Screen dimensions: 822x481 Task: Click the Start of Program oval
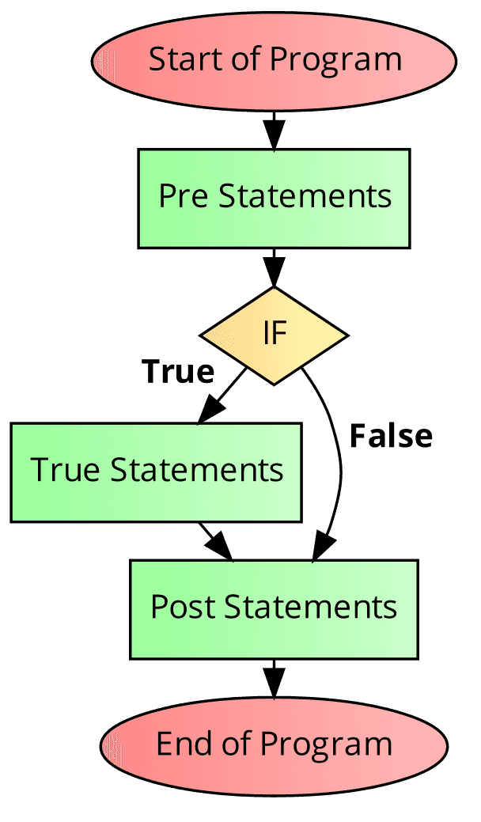pos(274,60)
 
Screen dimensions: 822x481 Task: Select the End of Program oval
pos(274,744)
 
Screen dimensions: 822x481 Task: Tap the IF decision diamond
pos(274,335)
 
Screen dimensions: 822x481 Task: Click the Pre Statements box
pos(274,198)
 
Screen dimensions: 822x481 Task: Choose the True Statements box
pos(156,472)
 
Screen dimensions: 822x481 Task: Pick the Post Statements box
pos(274,609)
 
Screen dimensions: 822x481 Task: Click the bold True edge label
pos(178,371)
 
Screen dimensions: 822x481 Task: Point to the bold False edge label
pos(391,436)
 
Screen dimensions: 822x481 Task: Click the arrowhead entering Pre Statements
pos(274,136)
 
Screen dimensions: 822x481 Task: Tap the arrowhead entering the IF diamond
pos(274,274)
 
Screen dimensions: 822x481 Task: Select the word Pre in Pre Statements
pos(185,196)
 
